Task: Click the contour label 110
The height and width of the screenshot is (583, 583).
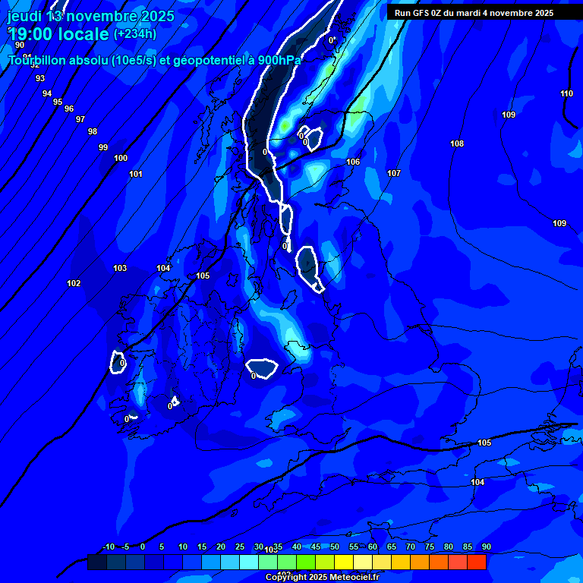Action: pos(567,93)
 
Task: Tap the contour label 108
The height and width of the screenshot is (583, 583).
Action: pos(457,143)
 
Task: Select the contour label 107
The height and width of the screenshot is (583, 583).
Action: pos(394,174)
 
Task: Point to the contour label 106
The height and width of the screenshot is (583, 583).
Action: pos(353,162)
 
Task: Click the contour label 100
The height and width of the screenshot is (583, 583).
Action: pos(121,158)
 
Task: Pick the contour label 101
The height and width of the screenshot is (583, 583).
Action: pos(136,174)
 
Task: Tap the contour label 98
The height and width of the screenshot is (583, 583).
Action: pos(93,131)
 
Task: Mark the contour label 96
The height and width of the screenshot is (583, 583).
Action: pos(69,109)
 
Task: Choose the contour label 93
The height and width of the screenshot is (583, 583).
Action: pos(40,78)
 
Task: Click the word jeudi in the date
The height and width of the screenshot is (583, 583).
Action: pos(24,16)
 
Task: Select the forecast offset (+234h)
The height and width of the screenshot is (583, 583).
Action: pos(135,33)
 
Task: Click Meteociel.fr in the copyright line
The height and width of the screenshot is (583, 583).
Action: pos(351,577)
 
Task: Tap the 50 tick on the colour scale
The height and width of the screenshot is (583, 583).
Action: pos(335,547)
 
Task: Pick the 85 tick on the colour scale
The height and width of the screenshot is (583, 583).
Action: pos(468,547)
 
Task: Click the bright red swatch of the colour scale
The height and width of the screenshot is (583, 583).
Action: pos(477,562)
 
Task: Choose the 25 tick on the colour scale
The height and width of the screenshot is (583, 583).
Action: pos(240,547)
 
